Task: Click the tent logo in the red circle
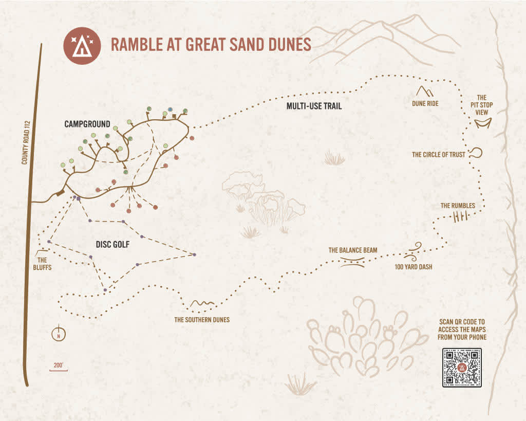click(80, 45)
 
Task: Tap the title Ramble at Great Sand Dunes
click(211, 45)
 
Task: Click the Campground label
click(87, 124)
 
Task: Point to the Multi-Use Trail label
click(314, 106)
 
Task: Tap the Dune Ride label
click(425, 103)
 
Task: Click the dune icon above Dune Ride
click(425, 91)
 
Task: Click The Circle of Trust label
click(439, 154)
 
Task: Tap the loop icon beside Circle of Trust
click(476, 153)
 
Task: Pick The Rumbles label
click(458, 206)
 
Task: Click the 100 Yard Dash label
click(414, 267)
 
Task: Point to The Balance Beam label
click(353, 250)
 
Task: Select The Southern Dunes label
click(202, 320)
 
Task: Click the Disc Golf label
click(112, 245)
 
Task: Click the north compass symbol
click(60, 334)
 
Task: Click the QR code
click(462, 368)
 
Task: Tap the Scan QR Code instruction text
click(462, 329)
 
